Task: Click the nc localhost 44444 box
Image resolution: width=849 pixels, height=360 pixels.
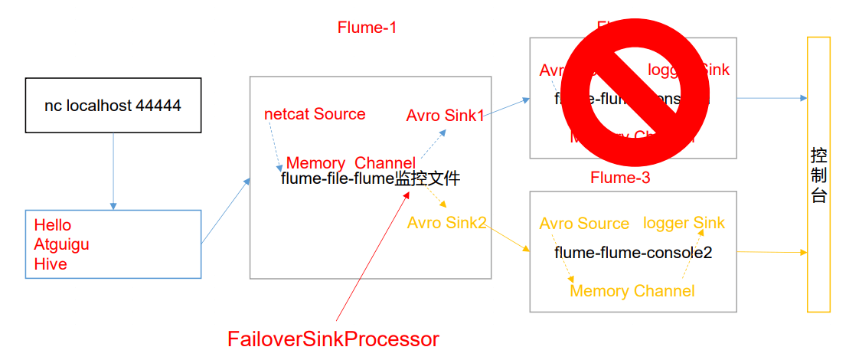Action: pos(113,106)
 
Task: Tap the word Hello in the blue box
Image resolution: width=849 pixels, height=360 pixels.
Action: pos(53,225)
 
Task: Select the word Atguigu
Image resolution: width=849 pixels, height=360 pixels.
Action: pos(62,245)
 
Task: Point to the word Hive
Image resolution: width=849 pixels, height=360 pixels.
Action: pos(51,264)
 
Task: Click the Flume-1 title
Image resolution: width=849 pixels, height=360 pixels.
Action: pos(367,28)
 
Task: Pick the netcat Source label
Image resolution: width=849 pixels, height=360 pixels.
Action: pos(315,114)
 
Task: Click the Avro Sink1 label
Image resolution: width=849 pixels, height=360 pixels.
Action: pos(445,116)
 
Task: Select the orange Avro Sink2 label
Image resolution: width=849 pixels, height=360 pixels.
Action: pos(447,223)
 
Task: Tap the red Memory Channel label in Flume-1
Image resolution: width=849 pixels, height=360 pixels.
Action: pos(351,163)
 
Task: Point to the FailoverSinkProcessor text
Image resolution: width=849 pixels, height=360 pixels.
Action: pos(333,339)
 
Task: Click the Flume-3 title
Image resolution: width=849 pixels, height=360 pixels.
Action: pos(620,178)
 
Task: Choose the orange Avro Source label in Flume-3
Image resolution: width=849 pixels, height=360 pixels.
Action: pos(584,224)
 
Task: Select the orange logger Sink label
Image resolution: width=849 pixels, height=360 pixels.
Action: pos(684,223)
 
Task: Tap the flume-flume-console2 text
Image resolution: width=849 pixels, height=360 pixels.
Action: pos(633,252)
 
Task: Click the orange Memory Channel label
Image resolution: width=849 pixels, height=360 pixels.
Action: pos(632,291)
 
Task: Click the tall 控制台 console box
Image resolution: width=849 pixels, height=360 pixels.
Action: pos(818,174)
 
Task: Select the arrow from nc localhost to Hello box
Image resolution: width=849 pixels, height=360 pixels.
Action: pos(113,171)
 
